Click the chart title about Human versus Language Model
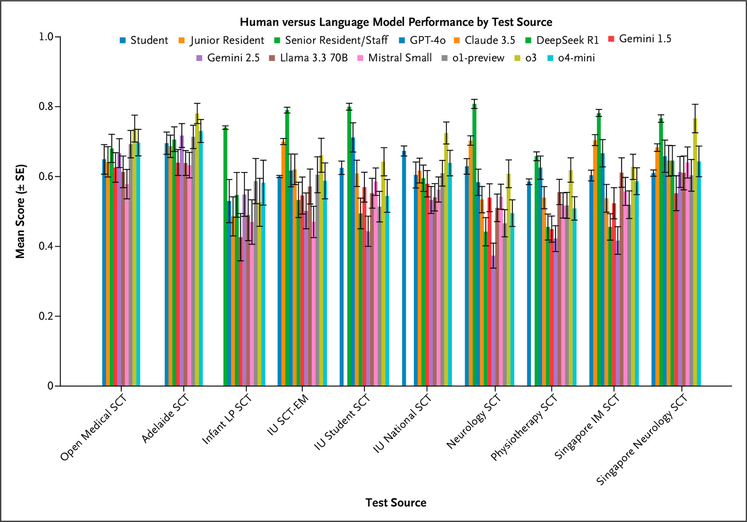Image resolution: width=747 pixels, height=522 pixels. (396, 22)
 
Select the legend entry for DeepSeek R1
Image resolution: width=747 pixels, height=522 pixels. (567, 40)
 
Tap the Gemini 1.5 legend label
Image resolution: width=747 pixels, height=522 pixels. (644, 39)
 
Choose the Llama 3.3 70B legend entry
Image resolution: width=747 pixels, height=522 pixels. (313, 58)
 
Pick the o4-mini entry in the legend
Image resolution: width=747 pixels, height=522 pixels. (576, 58)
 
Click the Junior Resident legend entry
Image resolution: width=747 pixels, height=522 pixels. (227, 40)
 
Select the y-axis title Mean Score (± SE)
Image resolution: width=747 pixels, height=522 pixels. (20, 211)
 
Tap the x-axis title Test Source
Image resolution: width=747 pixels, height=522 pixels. (396, 503)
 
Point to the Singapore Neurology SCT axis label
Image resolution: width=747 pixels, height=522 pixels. (642, 440)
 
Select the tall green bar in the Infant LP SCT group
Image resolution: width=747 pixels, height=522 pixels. (225, 257)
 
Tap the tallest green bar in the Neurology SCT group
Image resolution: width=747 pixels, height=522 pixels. (474, 245)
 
